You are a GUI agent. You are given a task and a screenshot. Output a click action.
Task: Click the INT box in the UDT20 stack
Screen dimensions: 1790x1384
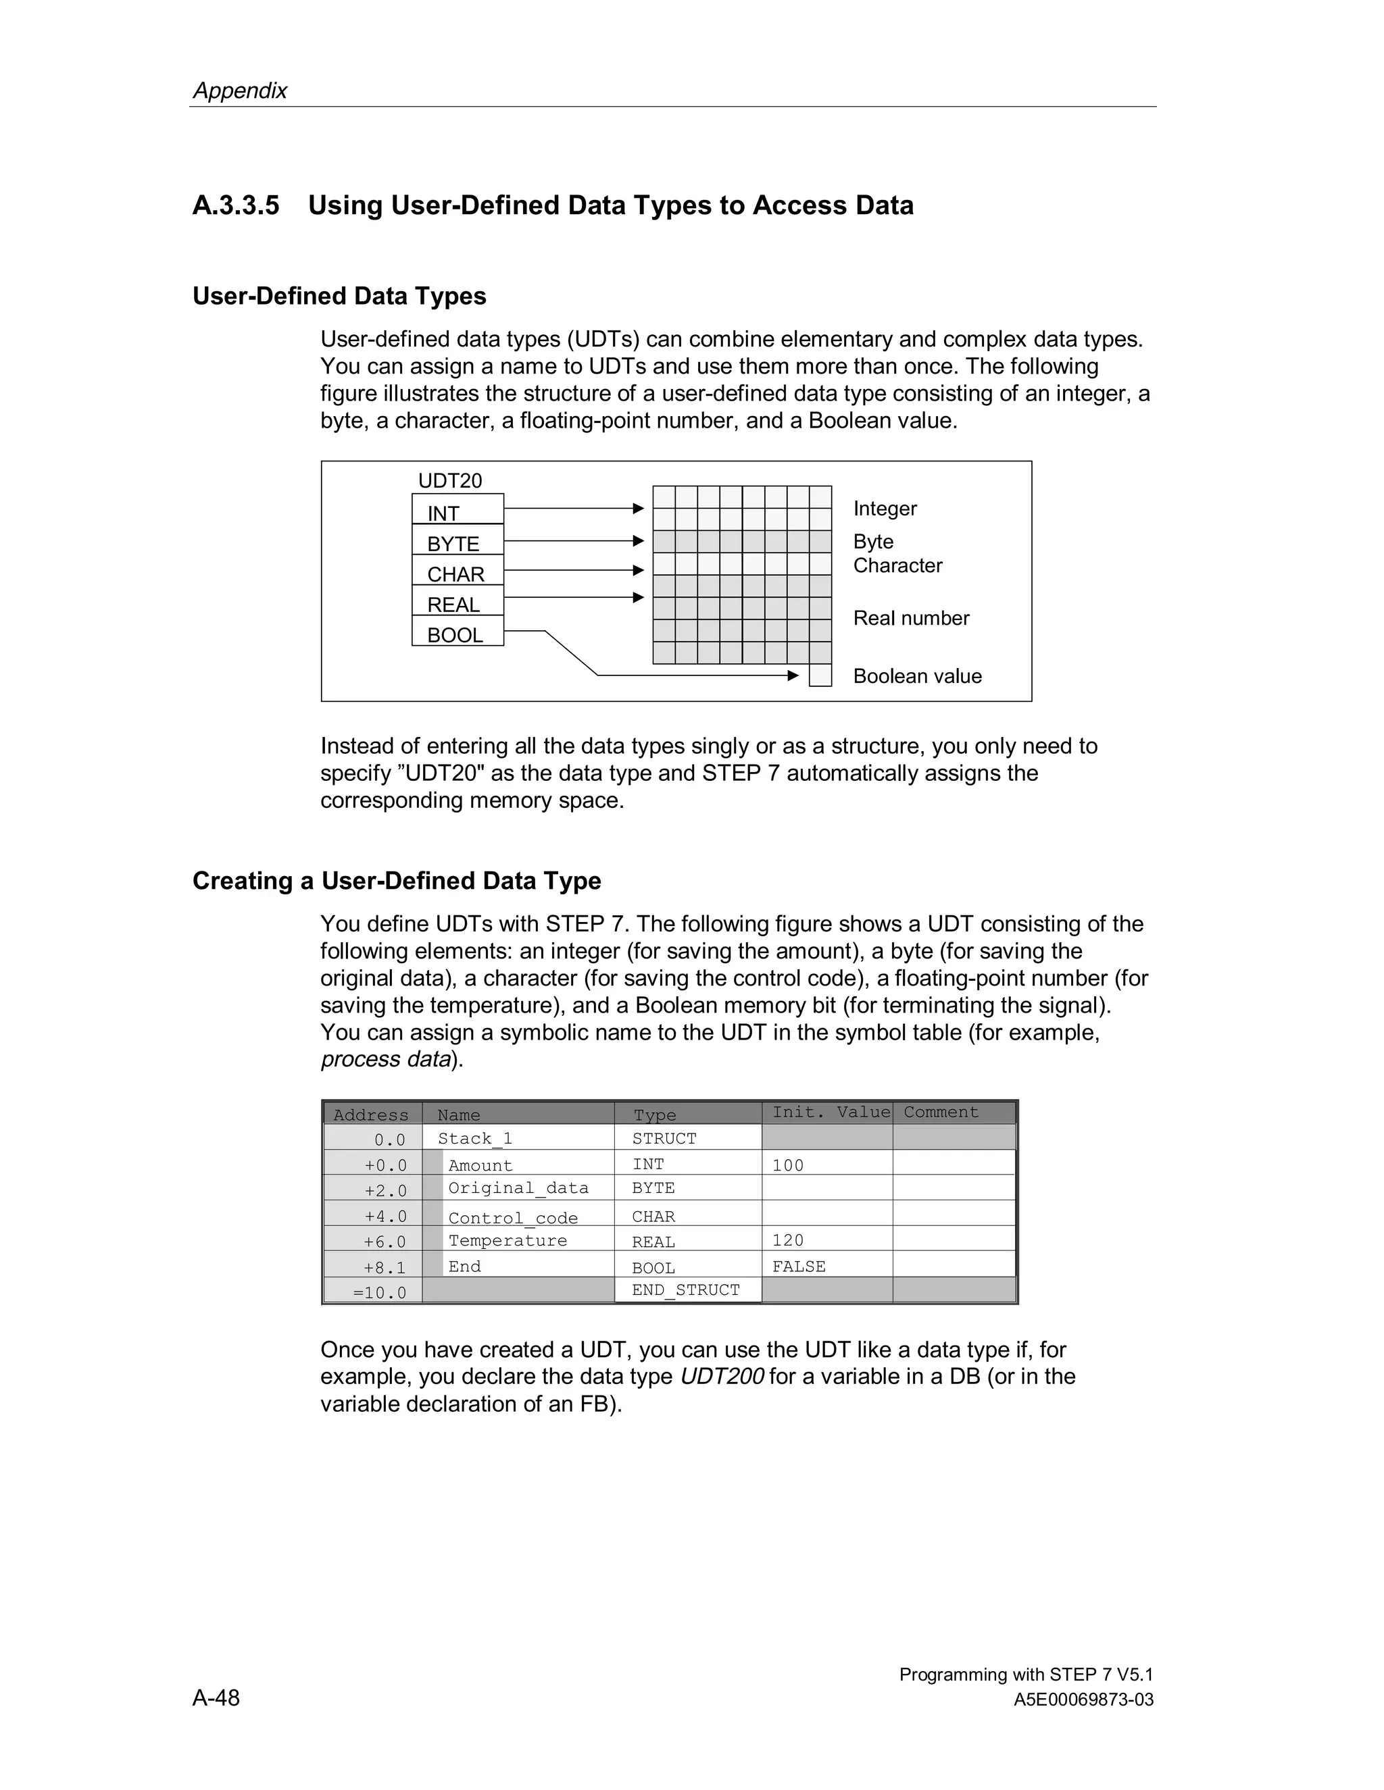[x=458, y=509]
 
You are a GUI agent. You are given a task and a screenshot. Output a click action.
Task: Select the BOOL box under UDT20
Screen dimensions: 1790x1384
[x=458, y=632]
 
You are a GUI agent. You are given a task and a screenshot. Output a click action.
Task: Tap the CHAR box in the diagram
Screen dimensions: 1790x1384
[x=458, y=571]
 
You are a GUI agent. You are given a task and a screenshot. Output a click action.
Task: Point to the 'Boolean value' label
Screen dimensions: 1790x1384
[x=916, y=676]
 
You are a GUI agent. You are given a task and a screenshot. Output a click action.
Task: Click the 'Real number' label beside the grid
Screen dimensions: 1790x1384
[x=911, y=618]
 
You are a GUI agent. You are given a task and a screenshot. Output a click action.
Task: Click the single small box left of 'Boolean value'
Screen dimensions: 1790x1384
[x=820, y=675]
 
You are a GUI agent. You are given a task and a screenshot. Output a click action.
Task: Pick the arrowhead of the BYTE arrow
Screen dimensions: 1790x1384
[x=639, y=541]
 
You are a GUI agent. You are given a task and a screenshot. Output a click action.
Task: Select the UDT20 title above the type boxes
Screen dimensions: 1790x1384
[x=450, y=480]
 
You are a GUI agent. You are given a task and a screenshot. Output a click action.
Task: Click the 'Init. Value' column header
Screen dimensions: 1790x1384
[x=830, y=1113]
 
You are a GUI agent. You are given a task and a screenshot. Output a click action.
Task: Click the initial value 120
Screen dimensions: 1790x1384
[x=787, y=1240]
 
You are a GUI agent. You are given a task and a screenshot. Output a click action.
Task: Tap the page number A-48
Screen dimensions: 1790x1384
[x=216, y=1697]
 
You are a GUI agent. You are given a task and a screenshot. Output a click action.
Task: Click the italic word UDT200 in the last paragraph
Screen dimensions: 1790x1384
[x=722, y=1376]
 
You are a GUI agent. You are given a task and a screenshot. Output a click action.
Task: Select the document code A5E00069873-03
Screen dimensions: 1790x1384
[x=1083, y=1699]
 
